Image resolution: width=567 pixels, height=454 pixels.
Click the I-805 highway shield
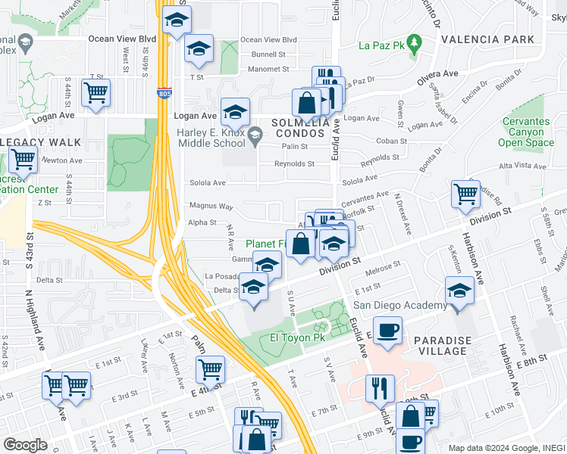pos(164,94)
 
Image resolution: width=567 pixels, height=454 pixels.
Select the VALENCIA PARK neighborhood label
pos(493,39)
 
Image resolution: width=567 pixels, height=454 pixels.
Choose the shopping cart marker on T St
pos(96,93)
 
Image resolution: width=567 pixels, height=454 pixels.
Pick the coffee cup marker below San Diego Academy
pos(388,331)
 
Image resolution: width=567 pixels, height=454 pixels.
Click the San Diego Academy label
pos(400,305)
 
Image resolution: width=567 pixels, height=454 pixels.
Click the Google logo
pos(25,444)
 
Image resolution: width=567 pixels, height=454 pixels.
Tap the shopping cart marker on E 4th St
pos(210,369)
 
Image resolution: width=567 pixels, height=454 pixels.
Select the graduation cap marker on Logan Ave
pos(235,112)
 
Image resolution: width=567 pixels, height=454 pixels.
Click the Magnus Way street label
pos(211,205)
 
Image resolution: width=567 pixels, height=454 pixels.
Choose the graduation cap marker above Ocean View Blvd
pos(177,20)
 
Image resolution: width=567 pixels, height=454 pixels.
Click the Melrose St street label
pos(383,269)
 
